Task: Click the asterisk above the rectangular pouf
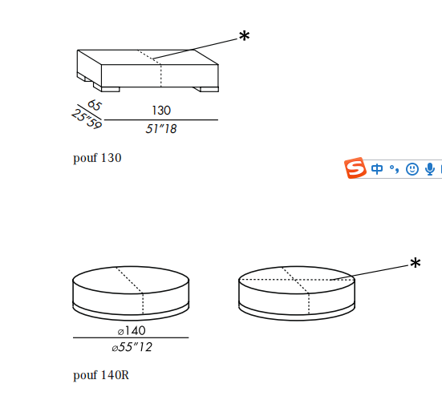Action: click(244, 36)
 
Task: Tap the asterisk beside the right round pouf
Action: click(416, 263)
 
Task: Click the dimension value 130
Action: click(161, 111)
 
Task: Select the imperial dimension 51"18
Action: click(161, 129)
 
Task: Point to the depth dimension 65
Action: click(95, 105)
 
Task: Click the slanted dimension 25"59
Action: click(87, 119)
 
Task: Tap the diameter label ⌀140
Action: click(132, 330)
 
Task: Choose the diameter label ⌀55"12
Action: click(132, 347)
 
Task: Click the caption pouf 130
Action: click(97, 158)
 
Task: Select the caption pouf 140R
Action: click(101, 375)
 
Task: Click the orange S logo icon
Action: click(355, 168)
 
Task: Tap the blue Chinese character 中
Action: click(377, 169)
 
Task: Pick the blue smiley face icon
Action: click(412, 169)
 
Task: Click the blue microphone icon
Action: click(430, 169)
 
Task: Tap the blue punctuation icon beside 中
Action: click(394, 169)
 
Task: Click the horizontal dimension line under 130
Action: click(161, 119)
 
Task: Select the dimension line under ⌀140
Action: click(131, 337)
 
